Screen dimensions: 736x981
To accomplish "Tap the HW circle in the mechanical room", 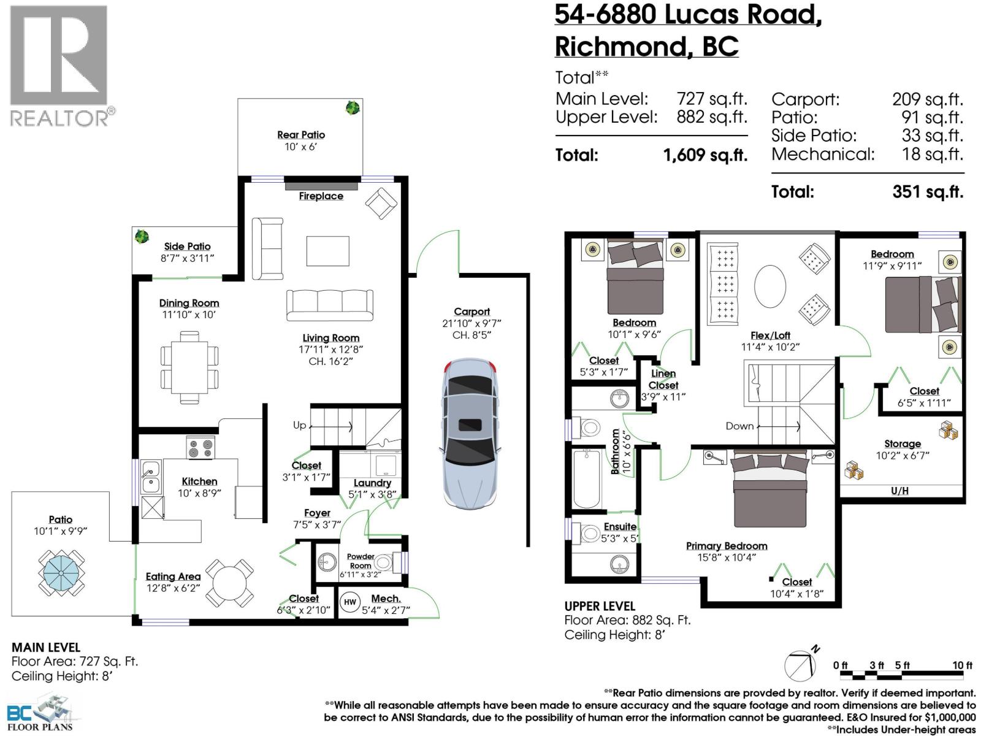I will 349,602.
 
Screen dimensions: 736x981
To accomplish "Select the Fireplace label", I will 321,196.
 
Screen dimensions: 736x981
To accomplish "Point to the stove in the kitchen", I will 200,447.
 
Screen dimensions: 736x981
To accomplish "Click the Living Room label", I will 330,338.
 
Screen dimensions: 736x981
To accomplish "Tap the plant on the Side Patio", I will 142,236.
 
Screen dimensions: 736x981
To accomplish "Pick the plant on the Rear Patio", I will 352,109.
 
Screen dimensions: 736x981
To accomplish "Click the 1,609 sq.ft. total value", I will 705,155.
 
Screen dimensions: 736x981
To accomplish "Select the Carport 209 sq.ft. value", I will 927,99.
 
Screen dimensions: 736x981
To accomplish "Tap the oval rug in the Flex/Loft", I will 769,286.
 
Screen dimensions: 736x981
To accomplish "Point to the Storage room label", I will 902,443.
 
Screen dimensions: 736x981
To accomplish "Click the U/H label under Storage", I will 899,491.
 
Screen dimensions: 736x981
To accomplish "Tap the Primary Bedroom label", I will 726,546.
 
